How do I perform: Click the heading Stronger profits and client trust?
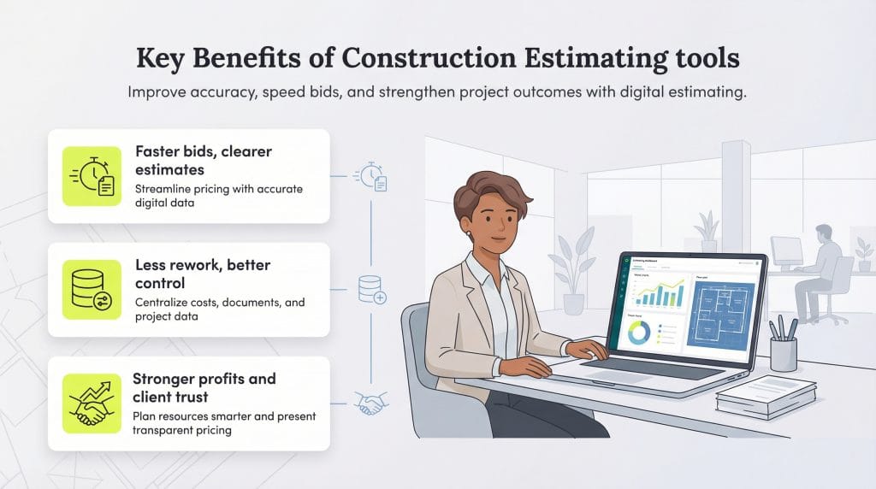(204, 386)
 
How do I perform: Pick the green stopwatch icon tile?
(92, 176)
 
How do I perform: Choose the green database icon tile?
(92, 290)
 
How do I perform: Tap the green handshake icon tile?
(92, 403)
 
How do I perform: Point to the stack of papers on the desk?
(766, 398)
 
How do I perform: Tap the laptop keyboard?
(650, 366)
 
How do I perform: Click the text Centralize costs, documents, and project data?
(220, 309)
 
